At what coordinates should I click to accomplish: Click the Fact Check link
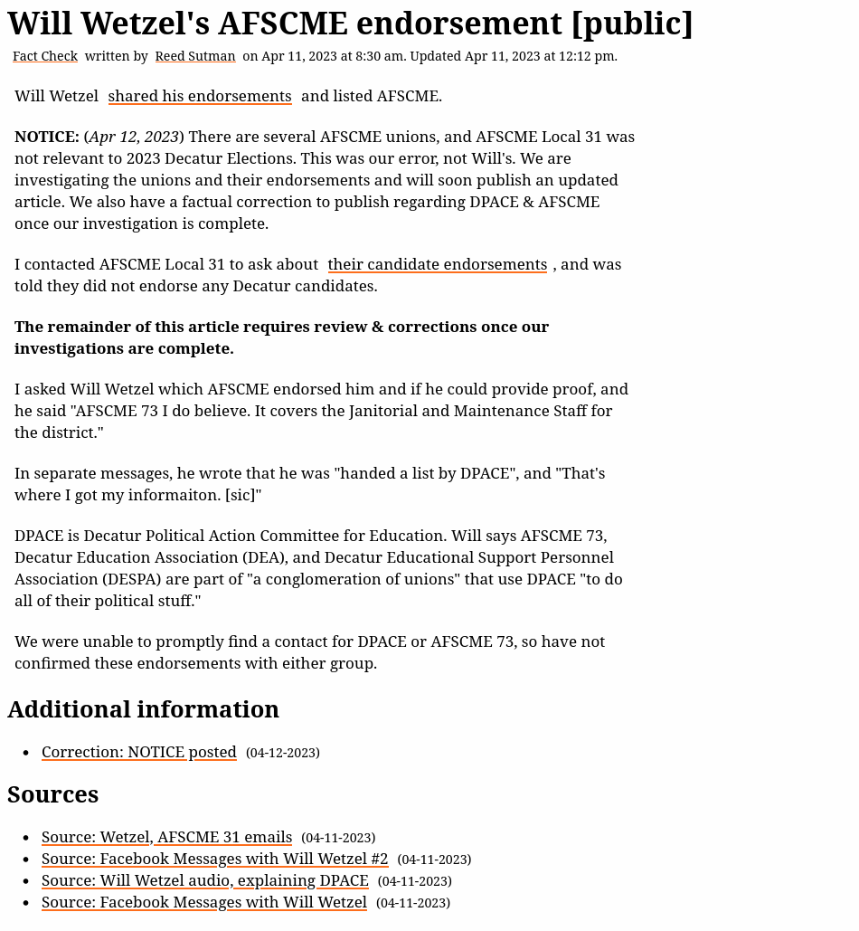point(45,56)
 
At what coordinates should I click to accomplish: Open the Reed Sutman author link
point(194,56)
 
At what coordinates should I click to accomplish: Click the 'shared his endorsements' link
point(200,96)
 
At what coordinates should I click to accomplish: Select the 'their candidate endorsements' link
point(437,264)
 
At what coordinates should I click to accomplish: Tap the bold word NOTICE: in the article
point(46,137)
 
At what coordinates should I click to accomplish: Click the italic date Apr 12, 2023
point(134,137)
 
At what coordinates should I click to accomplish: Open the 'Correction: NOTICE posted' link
point(138,752)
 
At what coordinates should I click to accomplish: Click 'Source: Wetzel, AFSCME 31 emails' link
point(166,837)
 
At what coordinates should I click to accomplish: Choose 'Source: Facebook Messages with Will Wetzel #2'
point(214,859)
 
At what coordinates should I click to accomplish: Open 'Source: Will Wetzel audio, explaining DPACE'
point(204,880)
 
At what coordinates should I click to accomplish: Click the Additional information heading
point(143,709)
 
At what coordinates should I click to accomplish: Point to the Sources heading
point(52,794)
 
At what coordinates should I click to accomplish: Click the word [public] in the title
point(632,24)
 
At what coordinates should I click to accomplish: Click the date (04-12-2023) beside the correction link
point(283,753)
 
